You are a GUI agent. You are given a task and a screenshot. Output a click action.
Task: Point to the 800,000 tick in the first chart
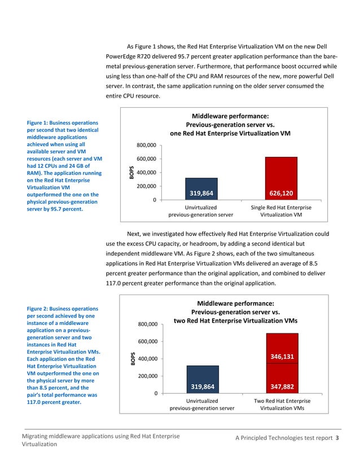(146, 146)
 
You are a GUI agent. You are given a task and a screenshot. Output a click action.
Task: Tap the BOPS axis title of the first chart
(131, 172)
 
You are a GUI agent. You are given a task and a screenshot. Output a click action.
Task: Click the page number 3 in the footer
(337, 439)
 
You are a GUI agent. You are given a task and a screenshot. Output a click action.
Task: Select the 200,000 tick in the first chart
(146, 186)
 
